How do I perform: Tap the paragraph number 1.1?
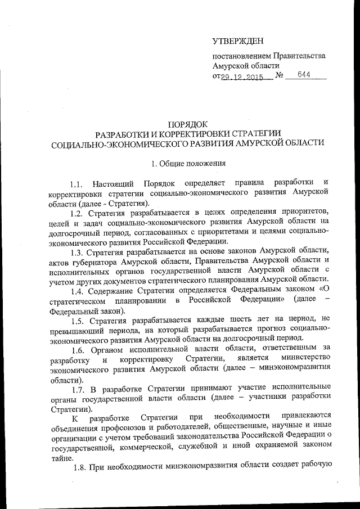click(76, 184)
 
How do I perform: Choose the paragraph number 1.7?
click(81, 388)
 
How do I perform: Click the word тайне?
click(61, 457)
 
